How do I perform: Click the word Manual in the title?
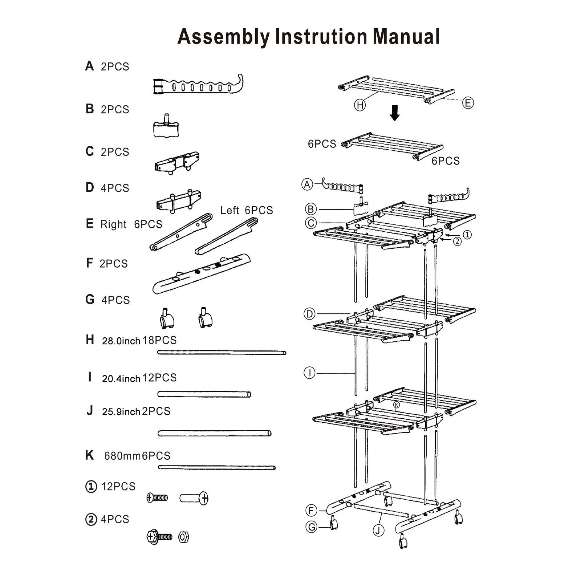(406, 37)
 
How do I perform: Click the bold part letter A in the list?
(89, 66)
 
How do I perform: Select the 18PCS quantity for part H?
(159, 340)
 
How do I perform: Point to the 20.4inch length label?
(121, 379)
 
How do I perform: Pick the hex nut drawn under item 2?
(184, 537)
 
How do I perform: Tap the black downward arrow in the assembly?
(395, 113)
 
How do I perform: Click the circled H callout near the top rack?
(360, 105)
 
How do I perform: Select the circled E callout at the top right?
(468, 103)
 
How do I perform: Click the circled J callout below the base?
(378, 531)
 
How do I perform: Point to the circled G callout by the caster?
(311, 527)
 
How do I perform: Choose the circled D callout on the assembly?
(309, 314)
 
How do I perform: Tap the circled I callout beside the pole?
(309, 373)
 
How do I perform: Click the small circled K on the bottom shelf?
(397, 405)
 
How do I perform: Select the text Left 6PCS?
(246, 210)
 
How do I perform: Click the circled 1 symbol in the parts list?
(91, 487)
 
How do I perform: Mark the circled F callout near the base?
(311, 511)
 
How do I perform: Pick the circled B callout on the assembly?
(311, 209)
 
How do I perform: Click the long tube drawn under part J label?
(214, 433)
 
